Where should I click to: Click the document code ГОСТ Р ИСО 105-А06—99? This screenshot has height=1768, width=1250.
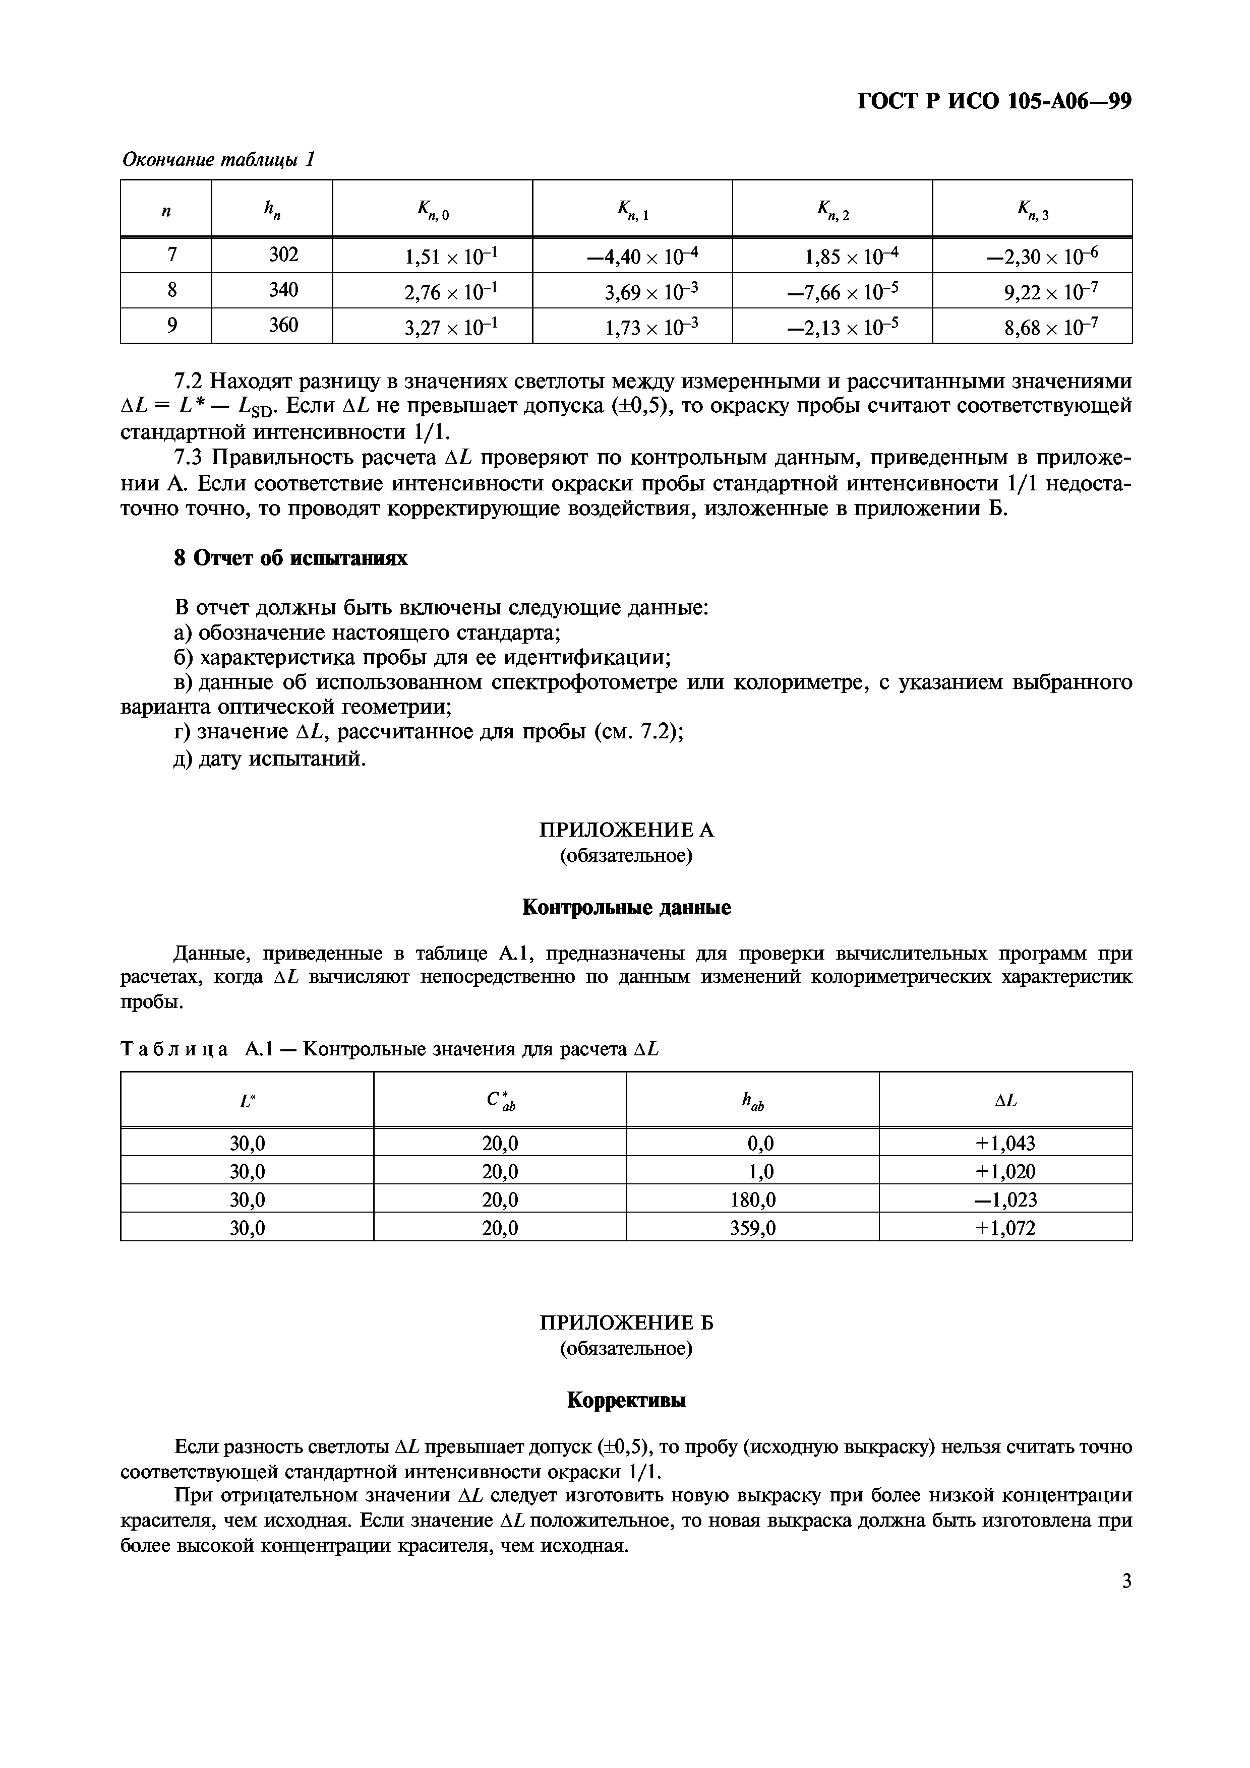tap(993, 102)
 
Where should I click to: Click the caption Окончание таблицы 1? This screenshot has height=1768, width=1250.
tap(219, 159)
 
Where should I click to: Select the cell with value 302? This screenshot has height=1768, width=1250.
tap(283, 254)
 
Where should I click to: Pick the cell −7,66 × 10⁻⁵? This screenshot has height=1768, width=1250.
tap(843, 291)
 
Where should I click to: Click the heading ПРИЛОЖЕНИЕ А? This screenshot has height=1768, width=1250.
tap(625, 830)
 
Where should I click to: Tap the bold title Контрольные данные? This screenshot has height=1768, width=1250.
tap(625, 908)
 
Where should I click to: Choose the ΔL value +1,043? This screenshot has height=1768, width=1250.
tap(1005, 1143)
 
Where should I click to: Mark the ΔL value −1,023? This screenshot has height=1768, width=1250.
tap(1005, 1199)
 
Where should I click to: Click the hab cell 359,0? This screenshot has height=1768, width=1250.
tap(752, 1227)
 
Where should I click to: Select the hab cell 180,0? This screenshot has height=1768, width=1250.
tap(752, 1199)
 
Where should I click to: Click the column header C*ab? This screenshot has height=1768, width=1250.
tap(500, 1102)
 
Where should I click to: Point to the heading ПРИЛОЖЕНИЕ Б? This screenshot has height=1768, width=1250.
tap(625, 1323)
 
